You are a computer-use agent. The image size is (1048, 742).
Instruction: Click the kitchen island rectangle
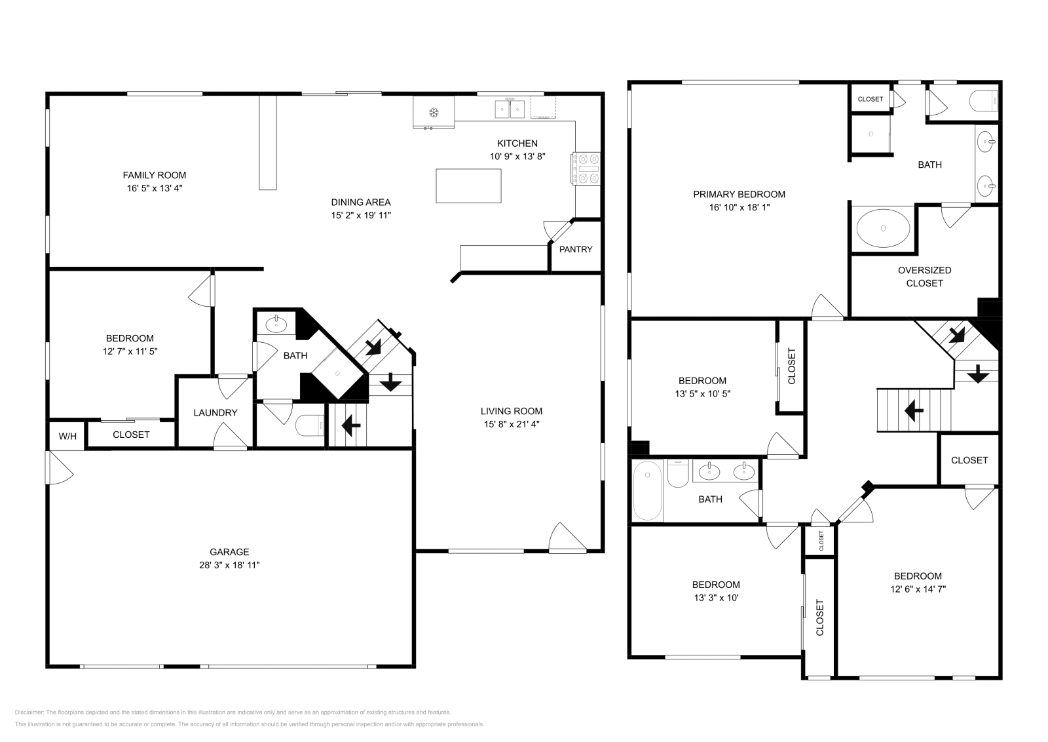(468, 186)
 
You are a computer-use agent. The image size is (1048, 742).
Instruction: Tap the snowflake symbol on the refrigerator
(433, 112)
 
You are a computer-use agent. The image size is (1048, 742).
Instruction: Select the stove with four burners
(587, 169)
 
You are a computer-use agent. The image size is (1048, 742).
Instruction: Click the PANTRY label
(576, 249)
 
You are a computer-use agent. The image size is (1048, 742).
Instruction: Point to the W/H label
(67, 436)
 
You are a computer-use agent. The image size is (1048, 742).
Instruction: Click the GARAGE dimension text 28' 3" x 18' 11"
(229, 565)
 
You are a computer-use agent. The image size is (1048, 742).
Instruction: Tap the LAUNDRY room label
(215, 413)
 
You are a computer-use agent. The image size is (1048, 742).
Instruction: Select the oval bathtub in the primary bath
(883, 228)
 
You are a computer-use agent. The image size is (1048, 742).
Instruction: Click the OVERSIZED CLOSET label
(924, 277)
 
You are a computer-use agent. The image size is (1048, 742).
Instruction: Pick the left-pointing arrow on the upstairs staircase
(914, 411)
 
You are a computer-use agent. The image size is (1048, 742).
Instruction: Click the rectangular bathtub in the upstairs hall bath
(647, 490)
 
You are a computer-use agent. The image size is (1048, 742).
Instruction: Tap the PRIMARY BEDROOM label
(739, 194)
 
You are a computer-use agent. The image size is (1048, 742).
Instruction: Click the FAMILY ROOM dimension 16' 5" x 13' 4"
(155, 188)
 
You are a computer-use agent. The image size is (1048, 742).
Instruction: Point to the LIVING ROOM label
(511, 411)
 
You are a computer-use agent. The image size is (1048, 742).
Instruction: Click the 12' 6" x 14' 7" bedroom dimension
(917, 589)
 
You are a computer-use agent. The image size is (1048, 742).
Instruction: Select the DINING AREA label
(360, 202)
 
